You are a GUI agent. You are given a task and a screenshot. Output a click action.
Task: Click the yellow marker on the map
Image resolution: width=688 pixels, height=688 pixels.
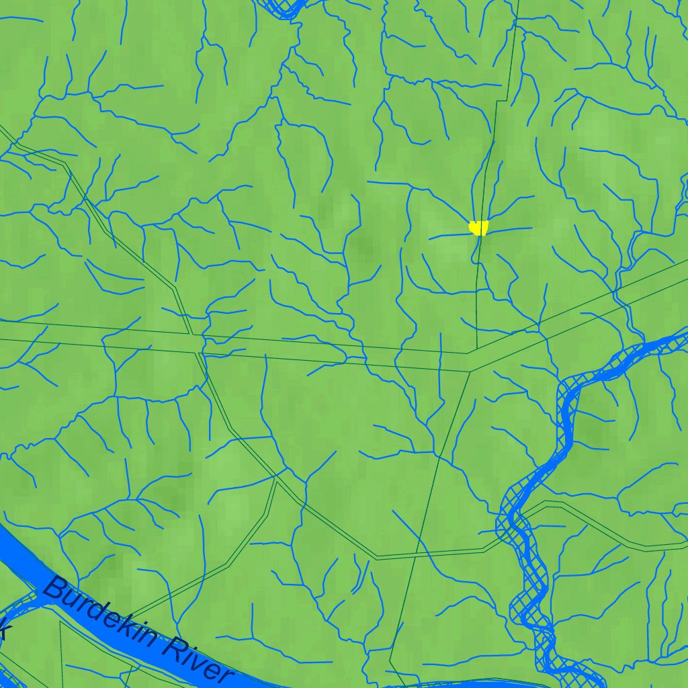click(478, 228)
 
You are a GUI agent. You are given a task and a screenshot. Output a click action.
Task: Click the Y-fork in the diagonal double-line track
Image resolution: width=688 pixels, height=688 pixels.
click(276, 478)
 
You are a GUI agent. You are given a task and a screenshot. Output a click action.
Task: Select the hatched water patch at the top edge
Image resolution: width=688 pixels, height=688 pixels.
click(282, 8)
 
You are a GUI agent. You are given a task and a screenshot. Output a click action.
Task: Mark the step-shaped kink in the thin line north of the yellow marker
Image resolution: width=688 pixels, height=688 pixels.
click(501, 101)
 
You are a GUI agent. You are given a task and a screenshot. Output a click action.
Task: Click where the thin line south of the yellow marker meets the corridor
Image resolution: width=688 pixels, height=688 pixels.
click(476, 348)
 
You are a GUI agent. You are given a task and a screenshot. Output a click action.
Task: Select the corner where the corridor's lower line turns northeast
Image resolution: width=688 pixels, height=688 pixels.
click(470, 370)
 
